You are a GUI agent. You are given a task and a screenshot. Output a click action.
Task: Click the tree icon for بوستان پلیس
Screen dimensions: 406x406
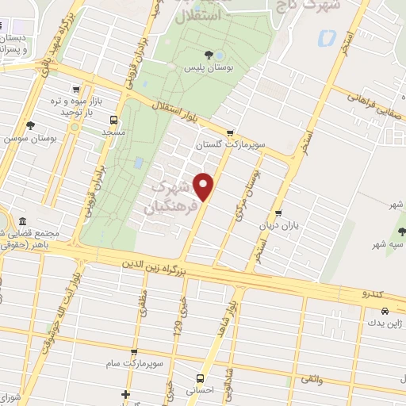pyautogui.click(x=209, y=54)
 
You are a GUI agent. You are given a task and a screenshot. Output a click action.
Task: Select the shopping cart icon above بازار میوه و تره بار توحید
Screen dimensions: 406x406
pyautogui.click(x=76, y=89)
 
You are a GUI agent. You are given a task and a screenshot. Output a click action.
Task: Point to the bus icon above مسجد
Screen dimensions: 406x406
pyautogui.click(x=114, y=121)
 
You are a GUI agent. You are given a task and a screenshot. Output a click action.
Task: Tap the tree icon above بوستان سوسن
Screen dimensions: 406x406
pyautogui.click(x=30, y=124)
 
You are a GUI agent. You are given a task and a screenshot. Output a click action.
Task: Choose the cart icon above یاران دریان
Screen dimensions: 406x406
pyautogui.click(x=278, y=213)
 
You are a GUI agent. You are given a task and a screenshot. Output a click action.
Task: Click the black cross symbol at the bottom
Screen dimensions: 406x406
pyautogui.click(x=125, y=394)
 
